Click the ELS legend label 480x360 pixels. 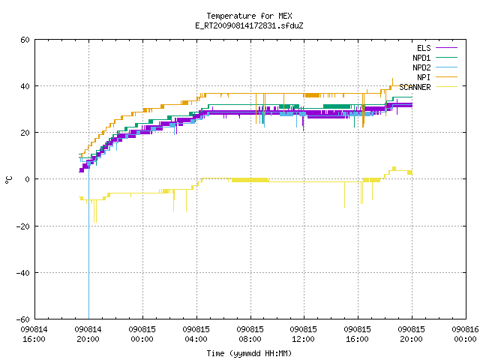[424, 48]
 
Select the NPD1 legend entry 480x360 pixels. [421, 58]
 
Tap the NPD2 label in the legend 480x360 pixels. [421, 67]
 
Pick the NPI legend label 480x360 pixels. [424, 77]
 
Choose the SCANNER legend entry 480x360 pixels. [415, 87]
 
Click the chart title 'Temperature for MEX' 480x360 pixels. [249, 16]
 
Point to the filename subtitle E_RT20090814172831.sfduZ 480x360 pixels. [249, 25]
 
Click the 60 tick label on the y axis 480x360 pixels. [25, 40]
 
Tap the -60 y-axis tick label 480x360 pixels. [23, 319]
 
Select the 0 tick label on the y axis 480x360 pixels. [28, 179]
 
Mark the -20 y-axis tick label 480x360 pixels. [23, 226]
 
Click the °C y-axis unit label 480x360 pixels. [8, 180]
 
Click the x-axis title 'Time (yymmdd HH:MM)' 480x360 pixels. [249, 353]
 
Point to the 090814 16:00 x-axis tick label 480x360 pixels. [34, 334]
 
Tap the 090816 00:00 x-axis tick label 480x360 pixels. [465, 334]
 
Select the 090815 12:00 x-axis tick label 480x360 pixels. [303, 334]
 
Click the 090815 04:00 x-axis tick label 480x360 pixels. [196, 334]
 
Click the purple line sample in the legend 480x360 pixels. [446, 48]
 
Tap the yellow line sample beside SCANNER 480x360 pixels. [446, 87]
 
